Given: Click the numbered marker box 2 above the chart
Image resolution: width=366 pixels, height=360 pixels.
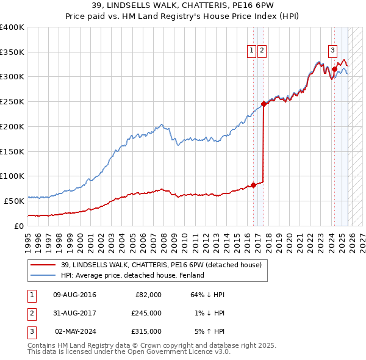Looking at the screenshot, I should [x=262, y=51].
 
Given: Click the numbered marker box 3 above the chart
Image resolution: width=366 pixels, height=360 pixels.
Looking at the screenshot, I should [x=333, y=51].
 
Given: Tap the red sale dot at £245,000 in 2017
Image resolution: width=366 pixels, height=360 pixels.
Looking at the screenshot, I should [x=264, y=104].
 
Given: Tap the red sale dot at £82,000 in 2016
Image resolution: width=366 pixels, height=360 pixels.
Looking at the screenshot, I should [x=253, y=185].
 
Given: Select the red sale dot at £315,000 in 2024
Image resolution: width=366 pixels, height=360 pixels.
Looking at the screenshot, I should [x=334, y=70].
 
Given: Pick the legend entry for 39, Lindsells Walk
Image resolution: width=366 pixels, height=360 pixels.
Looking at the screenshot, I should [x=161, y=265].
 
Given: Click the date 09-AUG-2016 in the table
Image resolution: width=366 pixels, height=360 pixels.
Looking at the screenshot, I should [x=74, y=295].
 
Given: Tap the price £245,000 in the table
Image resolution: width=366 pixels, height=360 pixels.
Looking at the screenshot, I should [x=146, y=313].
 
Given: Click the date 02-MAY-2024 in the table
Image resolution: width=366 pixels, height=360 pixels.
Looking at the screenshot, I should [x=75, y=331].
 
